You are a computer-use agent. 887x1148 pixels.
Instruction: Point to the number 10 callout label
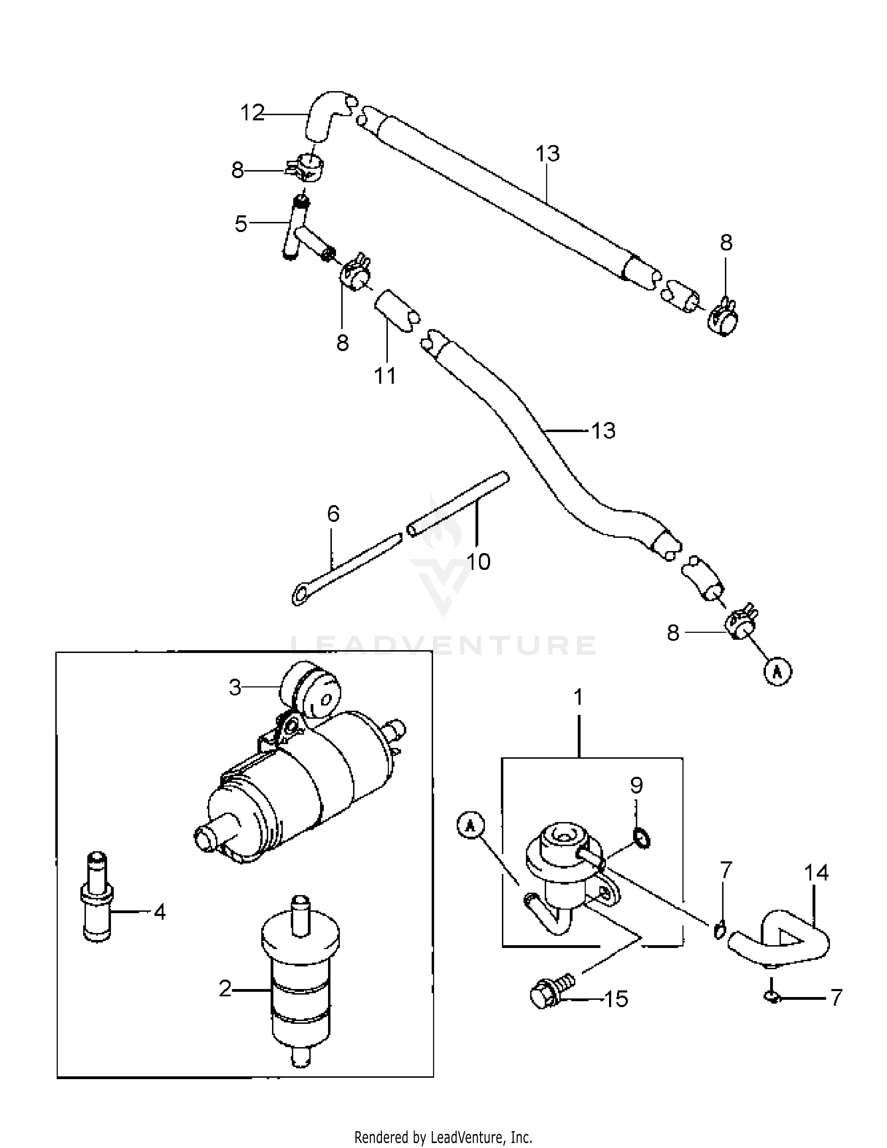[478, 561]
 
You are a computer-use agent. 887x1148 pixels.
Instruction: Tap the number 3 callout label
[234, 687]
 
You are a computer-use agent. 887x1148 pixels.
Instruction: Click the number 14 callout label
[816, 872]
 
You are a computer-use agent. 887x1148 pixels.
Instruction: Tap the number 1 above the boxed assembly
[578, 697]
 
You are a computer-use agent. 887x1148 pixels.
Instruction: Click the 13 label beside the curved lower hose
[603, 431]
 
